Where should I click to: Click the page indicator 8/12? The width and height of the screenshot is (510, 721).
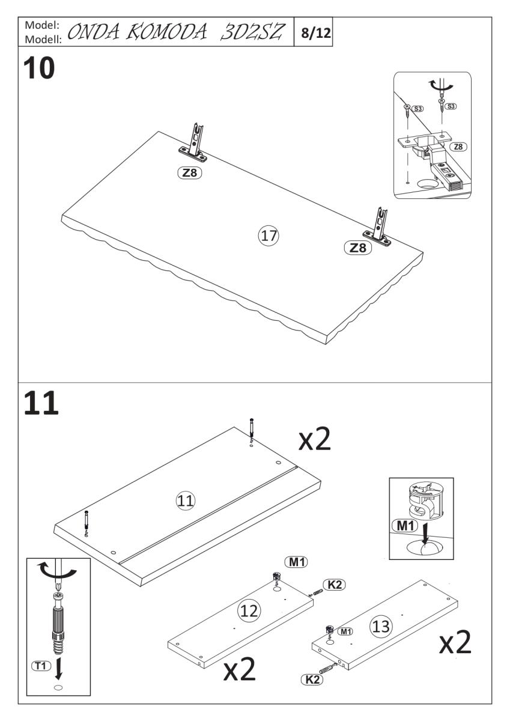coord(316,32)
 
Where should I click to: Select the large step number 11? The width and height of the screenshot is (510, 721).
coord(41,403)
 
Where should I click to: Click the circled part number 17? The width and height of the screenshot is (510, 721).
coord(269,236)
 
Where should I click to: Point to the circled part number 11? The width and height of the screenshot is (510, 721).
coord(186,500)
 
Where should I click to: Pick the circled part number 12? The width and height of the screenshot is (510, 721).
coord(249,611)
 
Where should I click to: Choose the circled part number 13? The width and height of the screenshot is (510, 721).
coord(381,626)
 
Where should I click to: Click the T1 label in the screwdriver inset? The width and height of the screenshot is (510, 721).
coord(41,665)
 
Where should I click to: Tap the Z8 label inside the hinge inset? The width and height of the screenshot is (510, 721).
coord(458,147)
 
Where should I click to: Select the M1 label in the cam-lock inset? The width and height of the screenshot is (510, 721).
coord(405,526)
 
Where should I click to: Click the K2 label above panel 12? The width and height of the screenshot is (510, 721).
coord(335,585)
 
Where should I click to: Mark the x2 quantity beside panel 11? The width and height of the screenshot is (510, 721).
coord(314,439)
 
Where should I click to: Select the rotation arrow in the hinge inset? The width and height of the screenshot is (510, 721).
coord(440,85)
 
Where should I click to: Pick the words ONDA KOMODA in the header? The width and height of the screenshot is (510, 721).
coord(137,32)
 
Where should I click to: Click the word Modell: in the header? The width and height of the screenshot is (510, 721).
coord(43,39)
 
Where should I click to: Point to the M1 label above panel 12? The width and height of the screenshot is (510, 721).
coord(296,562)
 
